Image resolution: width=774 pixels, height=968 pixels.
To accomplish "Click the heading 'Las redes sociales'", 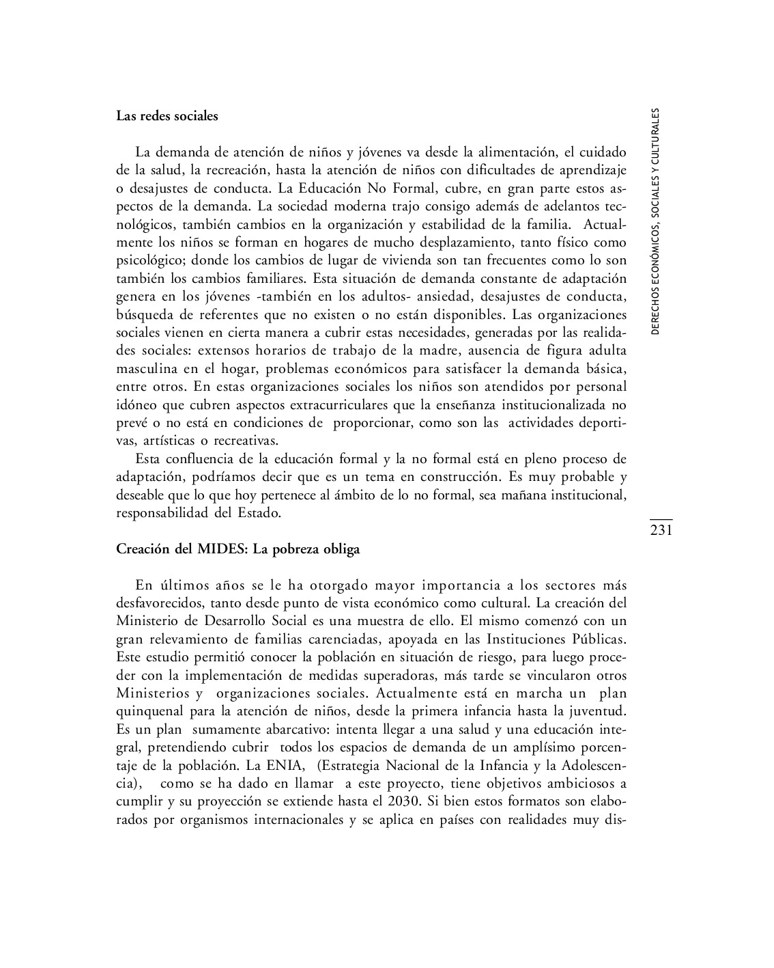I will pos(167,116).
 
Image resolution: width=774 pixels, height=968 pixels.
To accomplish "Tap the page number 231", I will pos(661,530).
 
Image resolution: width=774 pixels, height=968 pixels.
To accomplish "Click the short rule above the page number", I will pos(661,520).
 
